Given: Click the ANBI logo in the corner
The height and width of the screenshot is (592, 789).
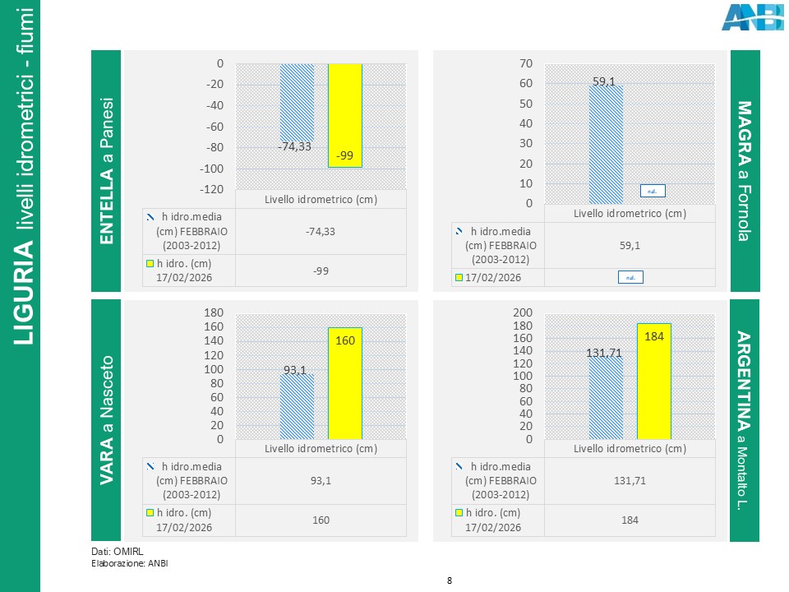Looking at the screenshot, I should click(752, 17).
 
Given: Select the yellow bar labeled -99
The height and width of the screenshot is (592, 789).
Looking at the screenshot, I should click(345, 115).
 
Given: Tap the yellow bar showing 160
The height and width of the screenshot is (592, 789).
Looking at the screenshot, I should click(345, 383).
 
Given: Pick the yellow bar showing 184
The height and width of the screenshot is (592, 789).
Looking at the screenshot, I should click(654, 382).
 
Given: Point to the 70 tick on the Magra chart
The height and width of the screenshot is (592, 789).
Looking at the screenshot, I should click(527, 63).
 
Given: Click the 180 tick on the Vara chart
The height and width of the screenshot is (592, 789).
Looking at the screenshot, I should click(213, 312).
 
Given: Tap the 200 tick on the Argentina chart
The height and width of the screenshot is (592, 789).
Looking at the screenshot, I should click(523, 312).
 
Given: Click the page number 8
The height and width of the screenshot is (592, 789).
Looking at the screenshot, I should click(450, 581).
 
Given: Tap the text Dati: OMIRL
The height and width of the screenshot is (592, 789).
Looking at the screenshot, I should click(112, 551).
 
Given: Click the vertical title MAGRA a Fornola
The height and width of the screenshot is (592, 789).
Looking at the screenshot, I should click(745, 171).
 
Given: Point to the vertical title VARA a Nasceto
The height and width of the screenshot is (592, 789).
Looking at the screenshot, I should click(107, 419).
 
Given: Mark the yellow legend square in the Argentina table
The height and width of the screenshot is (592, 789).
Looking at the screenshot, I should click(459, 513).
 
